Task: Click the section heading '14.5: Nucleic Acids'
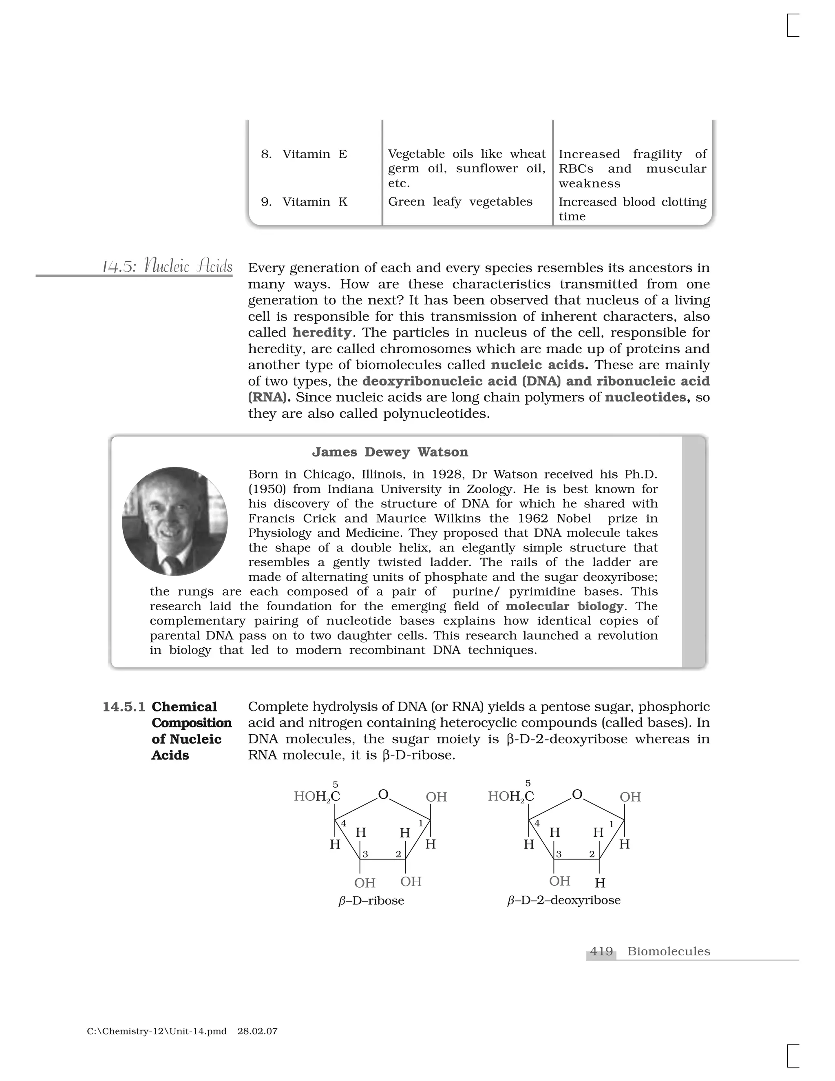pyautogui.click(x=167, y=267)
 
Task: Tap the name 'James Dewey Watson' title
pyautogui.click(x=390, y=452)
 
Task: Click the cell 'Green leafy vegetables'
pyautogui.click(x=460, y=202)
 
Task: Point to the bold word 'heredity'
pyautogui.click(x=322, y=332)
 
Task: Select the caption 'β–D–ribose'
pyautogui.click(x=371, y=900)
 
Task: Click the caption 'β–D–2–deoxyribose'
pyautogui.click(x=564, y=900)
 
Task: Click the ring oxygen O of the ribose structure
pyautogui.click(x=383, y=794)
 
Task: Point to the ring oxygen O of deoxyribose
pyautogui.click(x=577, y=794)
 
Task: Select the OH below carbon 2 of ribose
pyautogui.click(x=411, y=882)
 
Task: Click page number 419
pyautogui.click(x=601, y=951)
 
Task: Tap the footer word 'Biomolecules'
pyautogui.click(x=668, y=951)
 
